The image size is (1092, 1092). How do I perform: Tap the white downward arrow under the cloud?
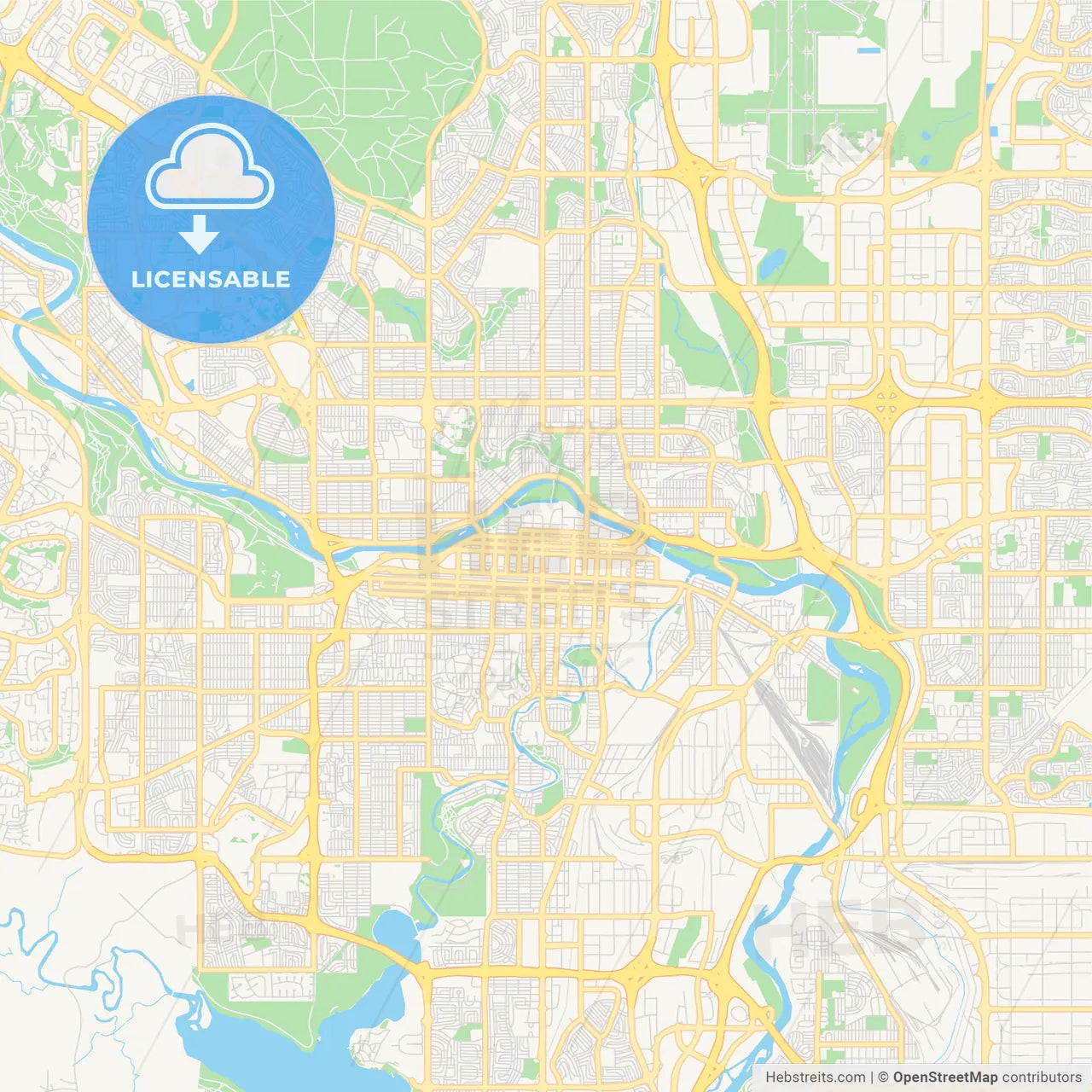point(199,235)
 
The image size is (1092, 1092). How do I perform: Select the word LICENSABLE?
point(211,279)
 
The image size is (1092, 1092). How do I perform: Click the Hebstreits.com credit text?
point(815,1077)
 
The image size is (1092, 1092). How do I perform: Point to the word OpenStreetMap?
point(944,1077)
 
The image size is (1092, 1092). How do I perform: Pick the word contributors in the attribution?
point(1041,1077)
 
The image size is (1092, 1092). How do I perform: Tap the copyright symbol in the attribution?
point(884,1077)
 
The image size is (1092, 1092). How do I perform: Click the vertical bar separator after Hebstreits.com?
point(872,1077)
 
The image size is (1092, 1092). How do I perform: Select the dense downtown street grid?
point(529,572)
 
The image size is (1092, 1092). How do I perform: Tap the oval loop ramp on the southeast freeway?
point(864,804)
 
